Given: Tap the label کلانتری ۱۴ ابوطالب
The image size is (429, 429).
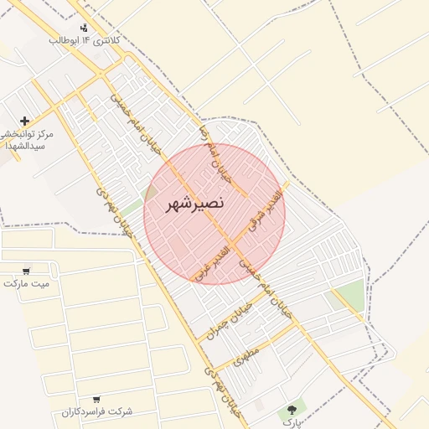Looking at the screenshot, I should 85,40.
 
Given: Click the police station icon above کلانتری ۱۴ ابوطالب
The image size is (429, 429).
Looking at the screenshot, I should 84,28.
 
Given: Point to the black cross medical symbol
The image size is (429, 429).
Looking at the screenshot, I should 24,121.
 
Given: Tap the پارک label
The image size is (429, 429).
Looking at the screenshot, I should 290,423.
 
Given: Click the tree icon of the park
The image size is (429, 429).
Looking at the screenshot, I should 292,410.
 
